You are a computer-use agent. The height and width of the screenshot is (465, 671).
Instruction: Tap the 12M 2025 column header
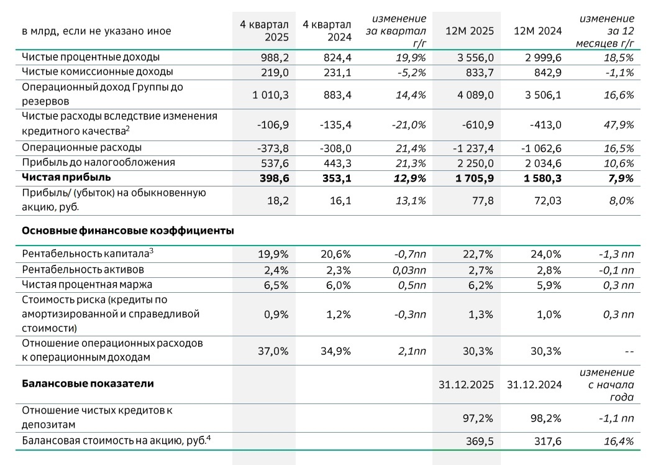[469, 31]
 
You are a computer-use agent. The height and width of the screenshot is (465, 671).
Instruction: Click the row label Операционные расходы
[81, 147]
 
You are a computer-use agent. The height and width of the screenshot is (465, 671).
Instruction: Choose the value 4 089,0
[474, 94]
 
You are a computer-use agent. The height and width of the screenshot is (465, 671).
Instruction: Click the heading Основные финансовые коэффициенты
[127, 231]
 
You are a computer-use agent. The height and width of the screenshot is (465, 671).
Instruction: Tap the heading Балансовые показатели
[88, 384]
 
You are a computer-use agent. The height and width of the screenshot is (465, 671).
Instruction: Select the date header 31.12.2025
[466, 385]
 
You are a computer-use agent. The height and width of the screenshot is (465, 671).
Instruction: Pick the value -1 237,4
[471, 148]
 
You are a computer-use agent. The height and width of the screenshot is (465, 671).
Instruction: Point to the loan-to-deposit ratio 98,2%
[547, 418]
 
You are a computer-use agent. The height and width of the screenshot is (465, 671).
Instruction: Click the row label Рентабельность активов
[83, 270]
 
